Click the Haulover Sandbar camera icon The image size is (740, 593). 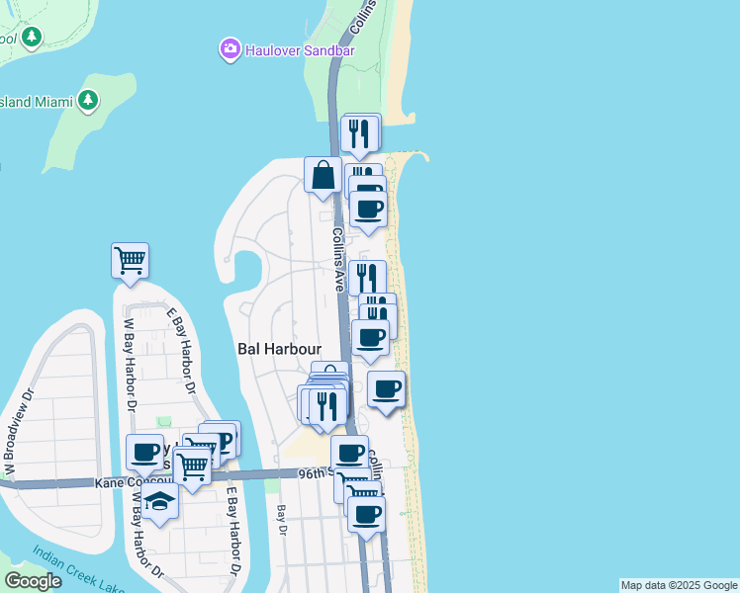(231, 47)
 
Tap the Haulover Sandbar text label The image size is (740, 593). (293, 47)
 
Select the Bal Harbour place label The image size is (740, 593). (280, 348)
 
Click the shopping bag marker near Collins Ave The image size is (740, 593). (324, 177)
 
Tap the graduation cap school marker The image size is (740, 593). (159, 502)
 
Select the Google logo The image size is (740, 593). (34, 581)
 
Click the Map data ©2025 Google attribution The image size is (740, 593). (679, 585)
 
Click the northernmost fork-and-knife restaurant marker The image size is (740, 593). (360, 132)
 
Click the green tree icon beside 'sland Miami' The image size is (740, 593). (88, 100)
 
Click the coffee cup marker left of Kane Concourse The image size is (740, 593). (144, 453)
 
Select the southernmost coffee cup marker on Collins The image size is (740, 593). (366, 514)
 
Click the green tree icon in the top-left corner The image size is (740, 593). (33, 38)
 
